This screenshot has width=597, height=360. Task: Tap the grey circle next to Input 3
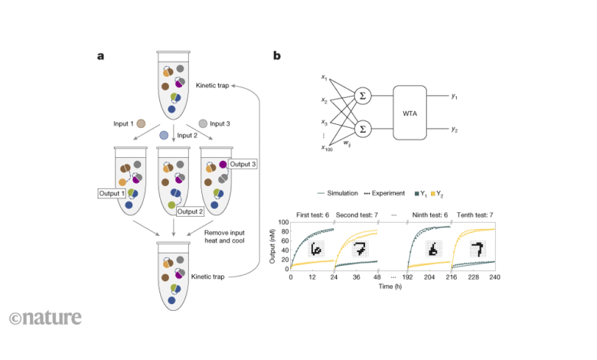tap(202, 123)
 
